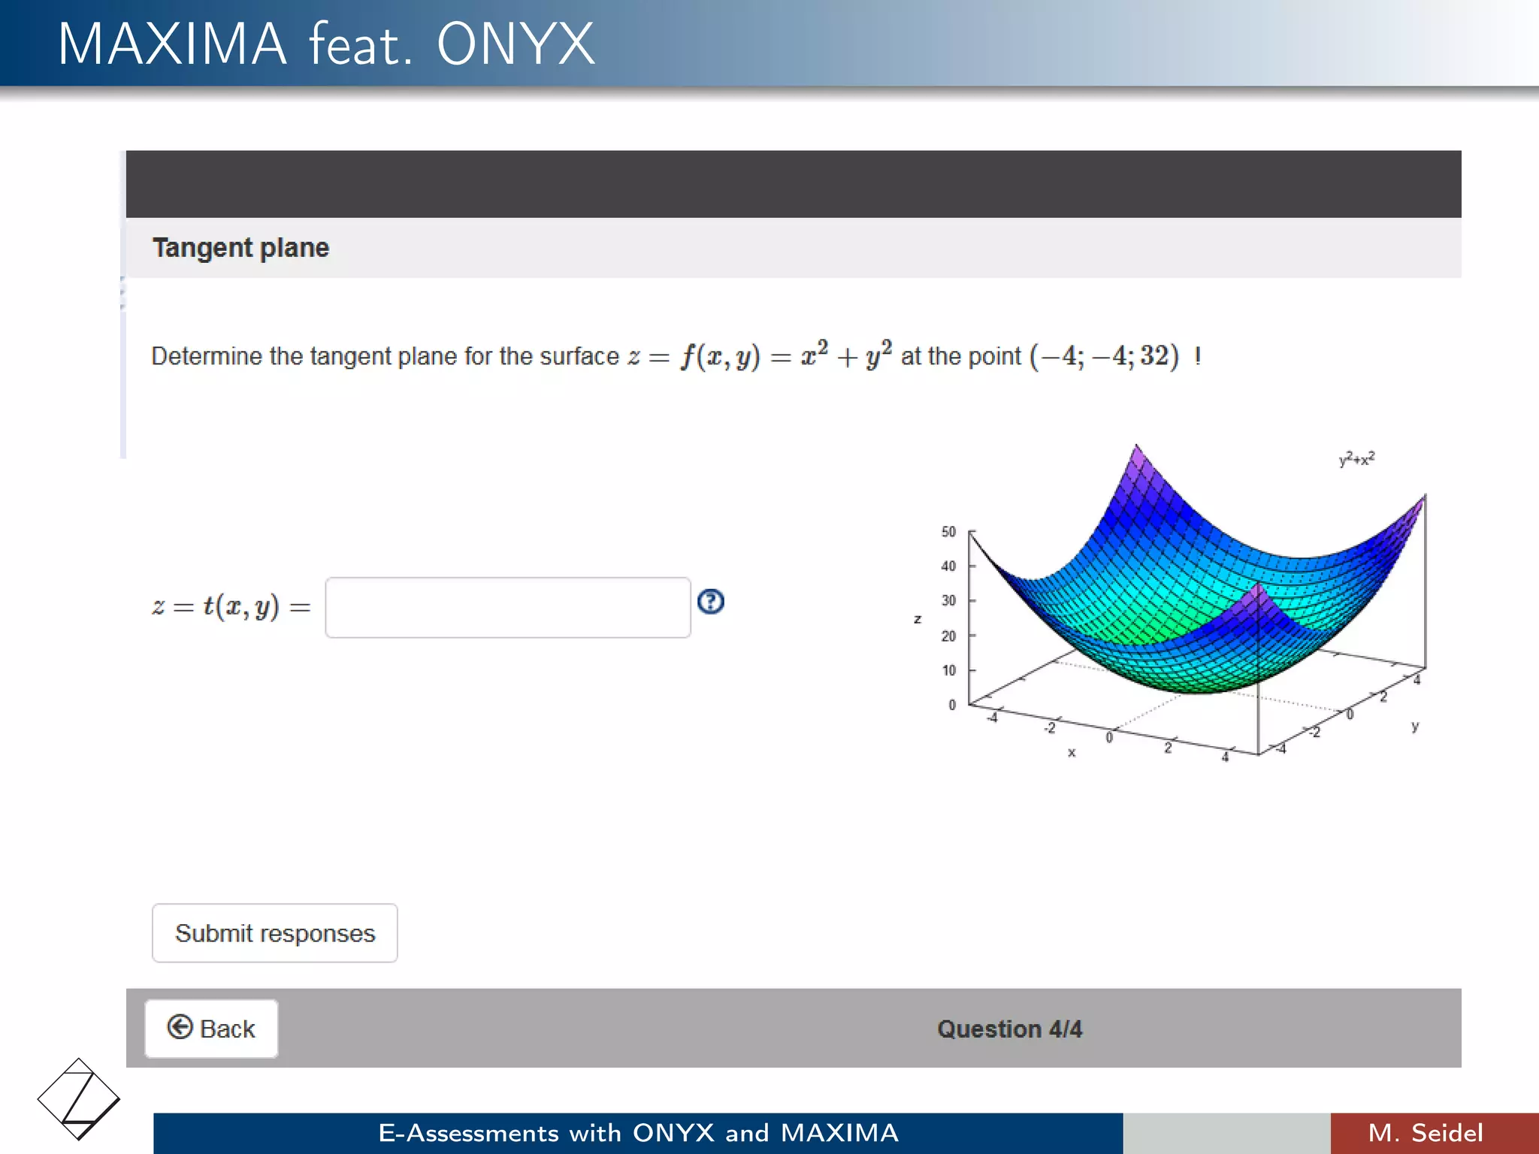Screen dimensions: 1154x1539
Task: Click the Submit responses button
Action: (274, 932)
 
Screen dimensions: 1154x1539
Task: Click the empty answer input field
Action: (507, 607)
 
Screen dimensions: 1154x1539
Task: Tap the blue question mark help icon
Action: (710, 601)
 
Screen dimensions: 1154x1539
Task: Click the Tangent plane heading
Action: (240, 248)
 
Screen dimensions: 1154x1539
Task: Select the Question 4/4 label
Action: (1009, 1029)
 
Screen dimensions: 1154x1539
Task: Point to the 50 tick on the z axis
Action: (949, 532)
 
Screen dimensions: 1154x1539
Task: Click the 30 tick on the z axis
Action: (949, 600)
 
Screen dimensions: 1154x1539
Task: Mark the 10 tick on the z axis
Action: (949, 670)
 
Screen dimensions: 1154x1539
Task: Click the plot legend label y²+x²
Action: (1356, 458)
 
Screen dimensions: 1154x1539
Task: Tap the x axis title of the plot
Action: (1072, 752)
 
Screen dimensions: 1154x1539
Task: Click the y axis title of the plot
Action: (1415, 727)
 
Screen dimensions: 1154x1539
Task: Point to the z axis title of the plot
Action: (918, 619)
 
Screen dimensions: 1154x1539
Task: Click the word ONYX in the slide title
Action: (516, 44)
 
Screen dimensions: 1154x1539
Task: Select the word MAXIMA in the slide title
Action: (172, 44)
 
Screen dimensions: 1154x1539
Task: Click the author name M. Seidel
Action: (1426, 1133)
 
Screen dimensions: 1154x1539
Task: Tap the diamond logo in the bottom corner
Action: (78, 1099)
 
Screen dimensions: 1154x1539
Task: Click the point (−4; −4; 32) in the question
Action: (1104, 356)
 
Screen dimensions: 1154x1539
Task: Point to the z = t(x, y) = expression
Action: (231, 607)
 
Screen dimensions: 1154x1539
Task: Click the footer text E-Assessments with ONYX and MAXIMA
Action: (638, 1133)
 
